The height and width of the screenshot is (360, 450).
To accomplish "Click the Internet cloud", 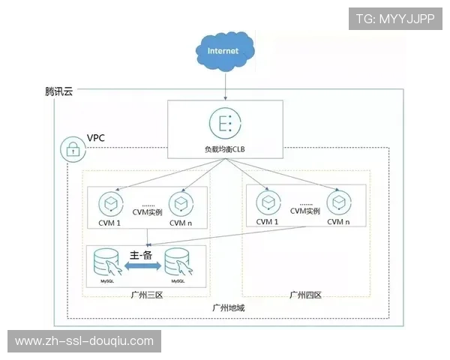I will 223,51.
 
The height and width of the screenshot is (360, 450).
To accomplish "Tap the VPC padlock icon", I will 72,150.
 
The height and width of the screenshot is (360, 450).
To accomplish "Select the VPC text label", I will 97,138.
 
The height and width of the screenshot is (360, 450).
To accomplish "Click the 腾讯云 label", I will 58,93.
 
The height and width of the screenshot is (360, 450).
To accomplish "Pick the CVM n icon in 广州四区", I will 338,203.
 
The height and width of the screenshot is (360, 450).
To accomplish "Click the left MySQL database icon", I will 106,263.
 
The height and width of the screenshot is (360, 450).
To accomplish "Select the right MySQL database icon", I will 179,263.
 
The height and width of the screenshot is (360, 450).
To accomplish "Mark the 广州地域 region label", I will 228,308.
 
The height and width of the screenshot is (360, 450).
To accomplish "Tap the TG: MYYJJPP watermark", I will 394,18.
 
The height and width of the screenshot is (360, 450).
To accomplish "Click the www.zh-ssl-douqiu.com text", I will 84,341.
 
